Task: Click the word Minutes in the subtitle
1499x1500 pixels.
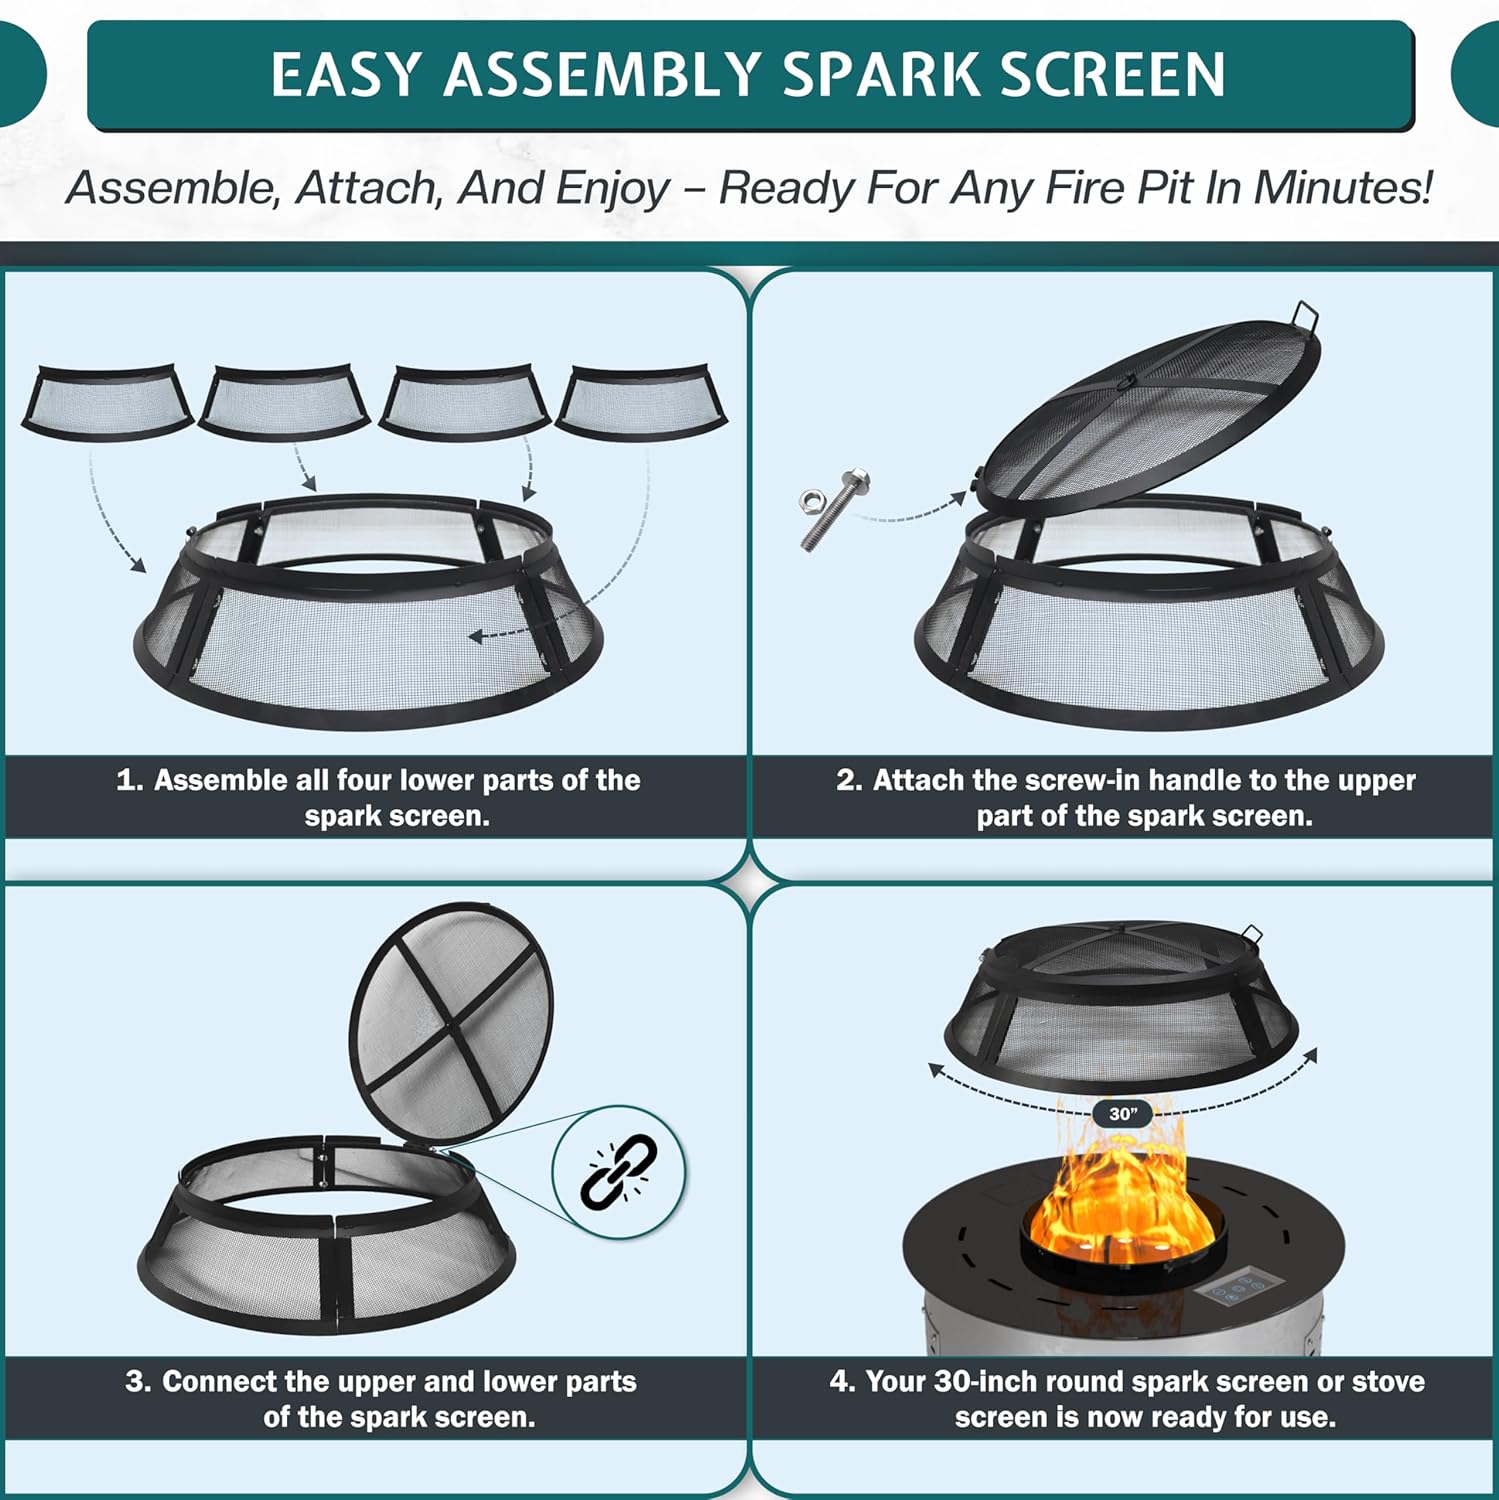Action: tap(1342, 187)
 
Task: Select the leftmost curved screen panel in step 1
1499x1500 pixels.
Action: tap(107, 401)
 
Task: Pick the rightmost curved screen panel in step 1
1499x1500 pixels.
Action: tap(641, 401)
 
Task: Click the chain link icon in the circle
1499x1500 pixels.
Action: tap(619, 1170)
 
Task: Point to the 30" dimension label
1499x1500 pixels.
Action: tap(1123, 1113)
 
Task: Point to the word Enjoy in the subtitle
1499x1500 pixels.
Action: tap(612, 187)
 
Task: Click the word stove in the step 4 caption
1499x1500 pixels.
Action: tap(1388, 1381)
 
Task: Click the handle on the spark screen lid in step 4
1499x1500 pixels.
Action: tap(1251, 935)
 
